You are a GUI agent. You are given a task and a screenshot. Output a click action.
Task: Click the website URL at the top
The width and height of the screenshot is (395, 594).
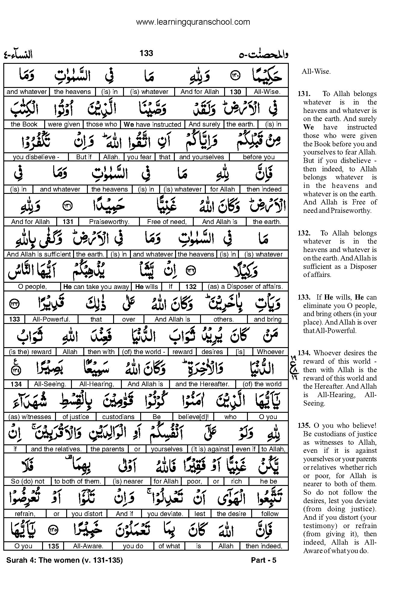pyautogui.click(x=193, y=22)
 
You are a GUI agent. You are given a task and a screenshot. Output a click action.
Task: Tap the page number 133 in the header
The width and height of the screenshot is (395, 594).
pyautogui.click(x=146, y=53)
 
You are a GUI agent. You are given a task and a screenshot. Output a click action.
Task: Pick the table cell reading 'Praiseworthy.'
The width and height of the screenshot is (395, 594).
pyautogui.click(x=109, y=222)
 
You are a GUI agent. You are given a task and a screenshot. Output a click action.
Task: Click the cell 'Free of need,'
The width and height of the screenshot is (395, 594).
pyautogui.click(x=167, y=222)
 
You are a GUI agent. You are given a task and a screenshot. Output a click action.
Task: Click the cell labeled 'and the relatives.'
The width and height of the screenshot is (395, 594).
pyautogui.click(x=56, y=449)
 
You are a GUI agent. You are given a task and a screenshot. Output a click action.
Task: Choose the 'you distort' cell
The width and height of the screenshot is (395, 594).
pyautogui.click(x=87, y=514)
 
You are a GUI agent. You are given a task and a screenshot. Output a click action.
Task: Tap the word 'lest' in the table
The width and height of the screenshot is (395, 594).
pyautogui.click(x=200, y=514)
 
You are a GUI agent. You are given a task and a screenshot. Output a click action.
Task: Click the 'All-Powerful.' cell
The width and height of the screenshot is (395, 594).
pyautogui.click(x=51, y=319)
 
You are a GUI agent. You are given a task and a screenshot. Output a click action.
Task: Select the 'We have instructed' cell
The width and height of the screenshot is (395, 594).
pyautogui.click(x=152, y=124)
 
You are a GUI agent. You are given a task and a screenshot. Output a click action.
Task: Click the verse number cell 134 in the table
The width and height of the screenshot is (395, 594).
pyautogui.click(x=16, y=384)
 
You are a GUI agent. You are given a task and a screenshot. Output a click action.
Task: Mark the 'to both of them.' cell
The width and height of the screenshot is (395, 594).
pyautogui.click(x=77, y=481)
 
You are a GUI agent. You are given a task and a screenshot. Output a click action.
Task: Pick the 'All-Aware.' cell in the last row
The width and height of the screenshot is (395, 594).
pyautogui.click(x=88, y=546)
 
